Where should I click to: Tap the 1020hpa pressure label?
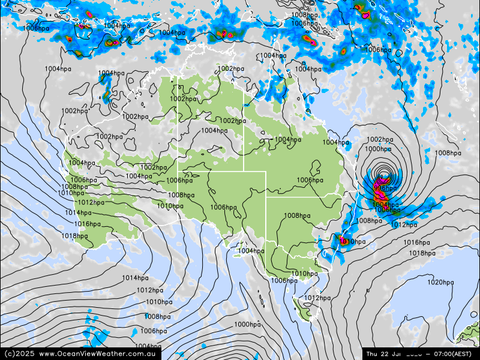pyautogui.click(x=440, y=282)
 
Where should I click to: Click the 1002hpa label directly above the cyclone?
pyautogui.click(x=380, y=140)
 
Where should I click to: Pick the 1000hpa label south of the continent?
pyautogui.click(x=247, y=325)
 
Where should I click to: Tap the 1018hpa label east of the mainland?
pyautogui.click(x=422, y=253)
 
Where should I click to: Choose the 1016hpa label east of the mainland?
pyautogui.click(x=416, y=242)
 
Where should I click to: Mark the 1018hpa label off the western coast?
pyautogui.click(x=74, y=236)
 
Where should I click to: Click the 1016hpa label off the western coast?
pyautogui.click(x=88, y=224)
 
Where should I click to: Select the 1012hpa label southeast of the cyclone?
pyautogui.click(x=404, y=225)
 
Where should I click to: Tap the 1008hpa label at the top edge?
pyautogui.click(x=304, y=15)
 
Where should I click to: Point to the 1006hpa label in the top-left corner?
pyautogui.click(x=36, y=28)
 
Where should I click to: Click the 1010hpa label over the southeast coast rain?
pyautogui.click(x=352, y=242)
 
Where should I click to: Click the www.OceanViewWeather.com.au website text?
pyautogui.click(x=98, y=353)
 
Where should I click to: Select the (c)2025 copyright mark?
pyautogui.click(x=18, y=353)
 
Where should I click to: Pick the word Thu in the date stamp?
pyautogui.click(x=373, y=353)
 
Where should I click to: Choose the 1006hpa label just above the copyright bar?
pyautogui.click(x=154, y=331)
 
